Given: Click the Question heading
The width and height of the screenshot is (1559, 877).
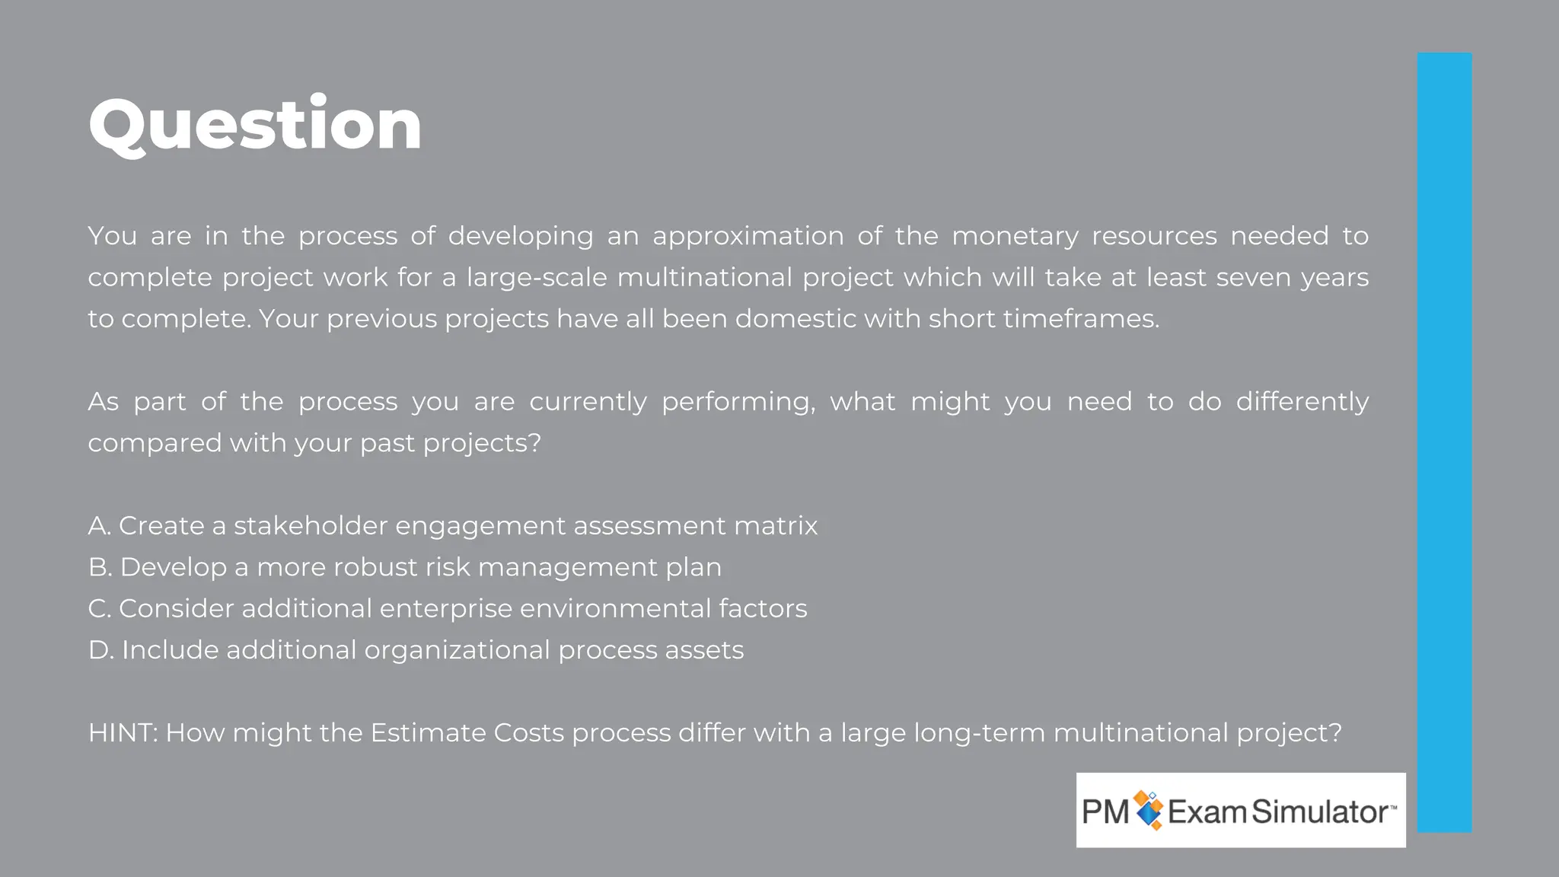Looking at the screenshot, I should click(255, 125).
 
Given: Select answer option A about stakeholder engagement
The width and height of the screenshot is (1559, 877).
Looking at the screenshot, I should click(452, 526).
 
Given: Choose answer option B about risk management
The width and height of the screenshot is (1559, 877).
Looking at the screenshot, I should click(404, 567).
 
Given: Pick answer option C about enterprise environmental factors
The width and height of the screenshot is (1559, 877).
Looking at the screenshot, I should click(447, 609).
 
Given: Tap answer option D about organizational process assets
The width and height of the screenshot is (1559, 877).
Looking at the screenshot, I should click(416, 650).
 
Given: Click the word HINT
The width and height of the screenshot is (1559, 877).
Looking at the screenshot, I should click(122, 733).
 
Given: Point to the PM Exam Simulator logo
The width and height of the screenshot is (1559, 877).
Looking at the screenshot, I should click(1240, 811).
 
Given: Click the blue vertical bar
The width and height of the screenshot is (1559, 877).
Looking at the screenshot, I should click(1444, 442).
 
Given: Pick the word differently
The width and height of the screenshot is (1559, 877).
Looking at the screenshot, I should click(1302, 402).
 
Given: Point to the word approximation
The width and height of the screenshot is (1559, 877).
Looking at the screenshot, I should click(748, 237).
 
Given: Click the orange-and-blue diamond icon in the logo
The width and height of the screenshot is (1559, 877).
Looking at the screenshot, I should click(1149, 810).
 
